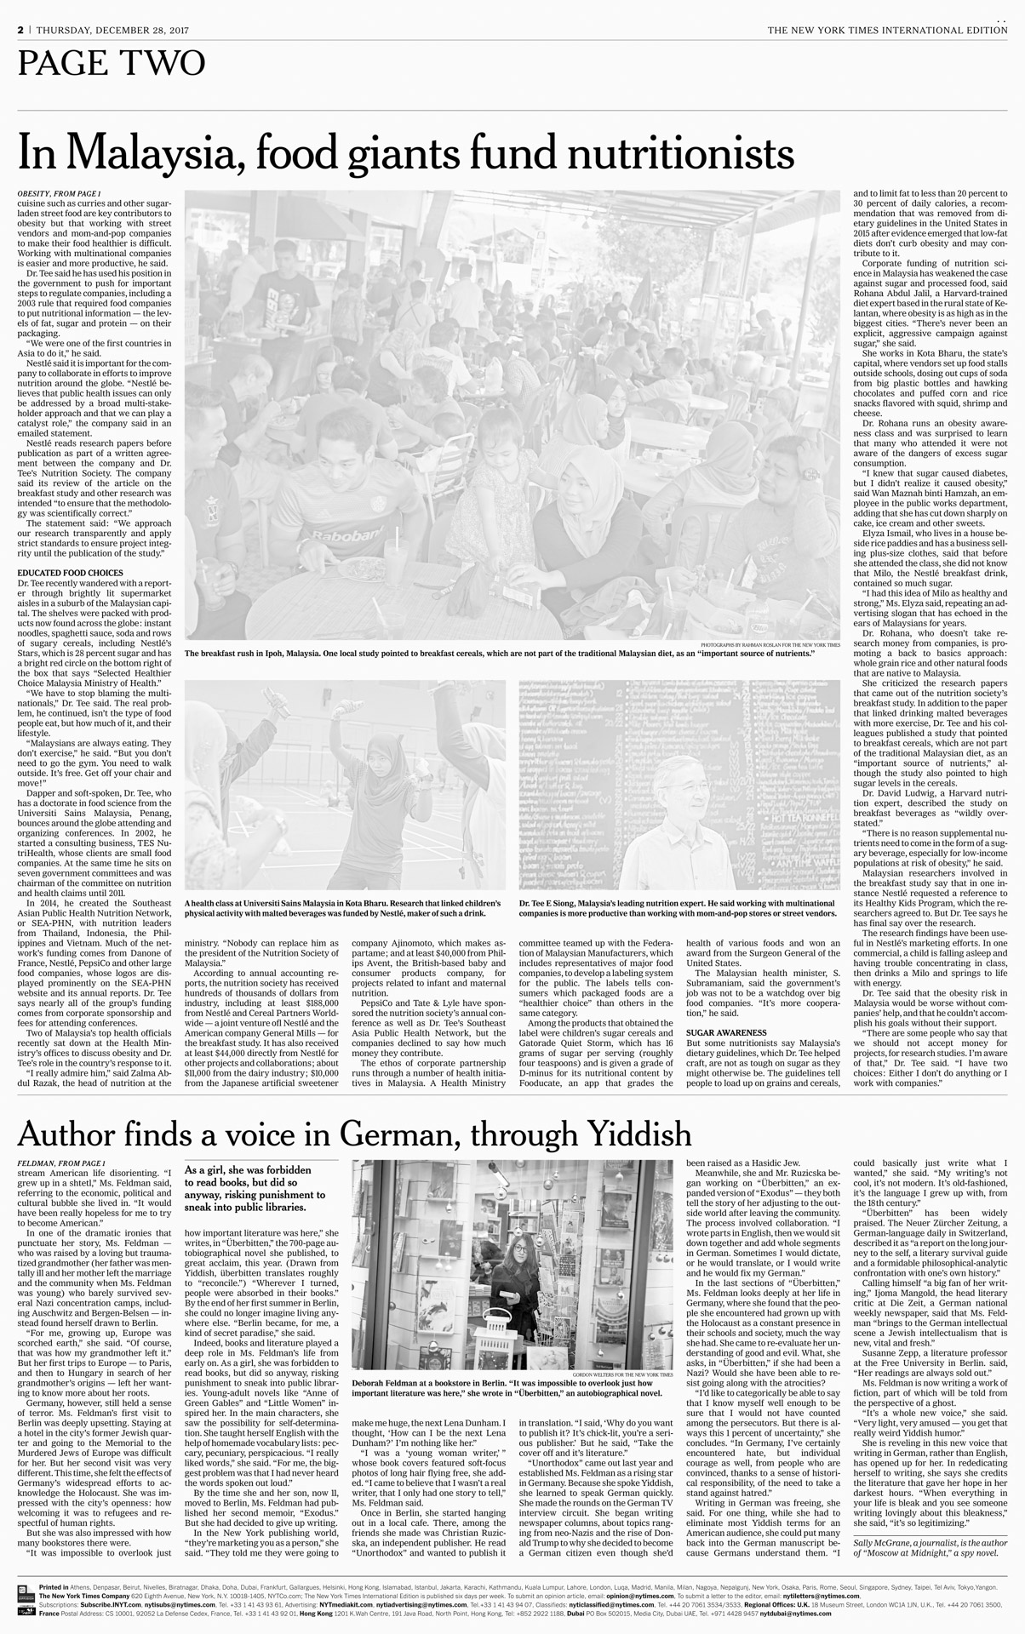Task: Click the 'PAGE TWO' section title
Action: pyautogui.click(x=112, y=62)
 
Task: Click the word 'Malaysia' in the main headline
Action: pyautogui.click(x=149, y=153)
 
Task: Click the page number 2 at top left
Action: pyautogui.click(x=20, y=30)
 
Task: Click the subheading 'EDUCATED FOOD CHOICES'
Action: pyautogui.click(x=70, y=573)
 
